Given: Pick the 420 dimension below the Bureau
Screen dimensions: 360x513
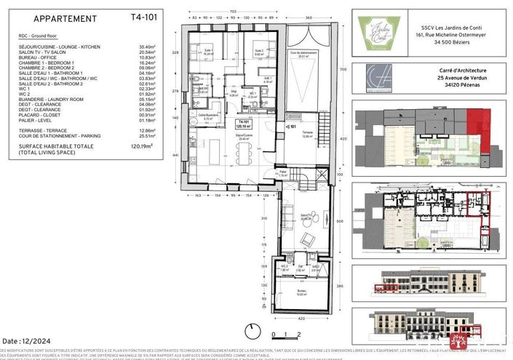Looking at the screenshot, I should click(302, 318).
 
